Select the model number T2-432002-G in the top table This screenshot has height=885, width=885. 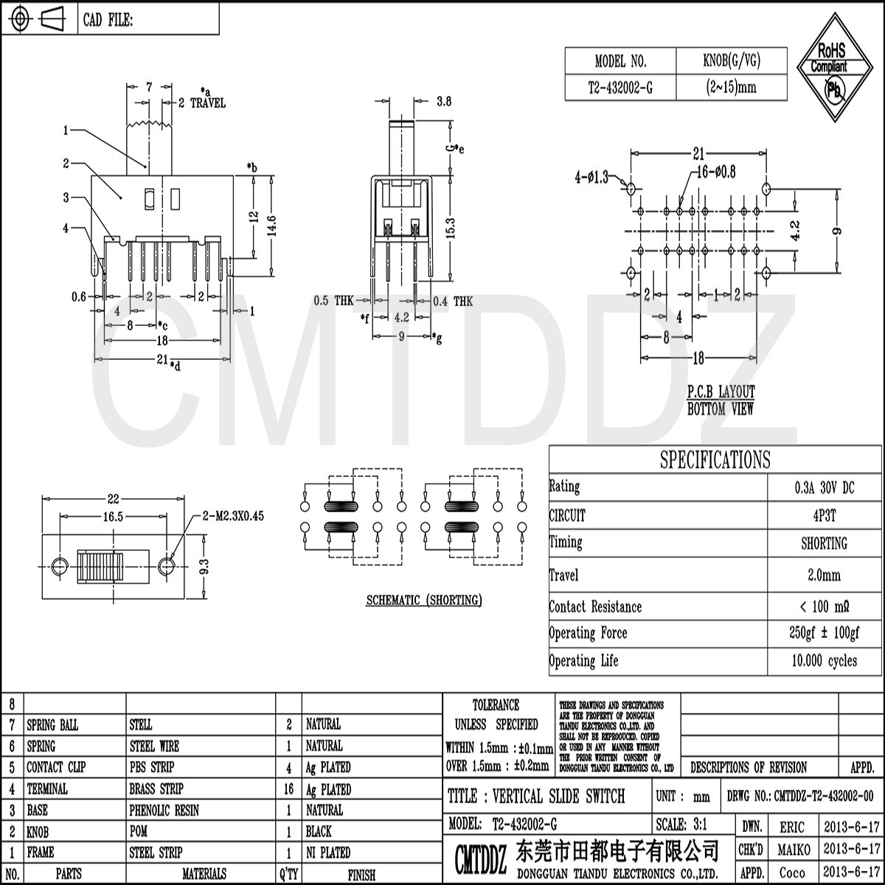(x=619, y=88)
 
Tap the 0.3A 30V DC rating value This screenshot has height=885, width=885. (x=824, y=487)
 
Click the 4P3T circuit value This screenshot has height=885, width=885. (x=824, y=516)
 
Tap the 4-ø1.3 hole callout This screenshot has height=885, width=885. (x=591, y=177)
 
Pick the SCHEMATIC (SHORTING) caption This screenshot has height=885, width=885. (x=424, y=600)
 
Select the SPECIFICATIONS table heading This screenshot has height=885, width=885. (x=715, y=460)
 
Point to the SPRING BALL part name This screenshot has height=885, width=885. (x=52, y=725)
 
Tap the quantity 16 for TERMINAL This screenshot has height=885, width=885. (x=289, y=789)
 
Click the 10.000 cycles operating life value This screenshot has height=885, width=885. (x=824, y=661)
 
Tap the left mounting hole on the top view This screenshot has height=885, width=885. (x=60, y=566)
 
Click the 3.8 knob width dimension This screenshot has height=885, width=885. (x=443, y=103)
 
